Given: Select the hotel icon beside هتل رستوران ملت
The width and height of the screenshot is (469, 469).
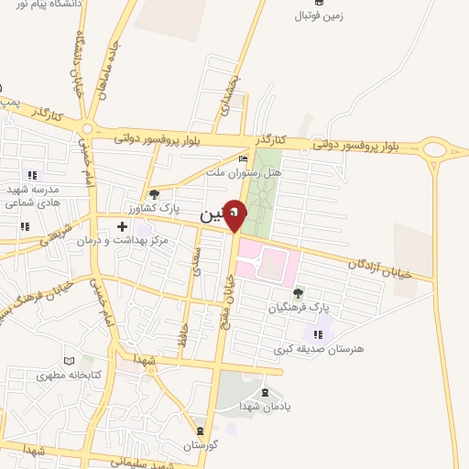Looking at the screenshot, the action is click(x=243, y=158).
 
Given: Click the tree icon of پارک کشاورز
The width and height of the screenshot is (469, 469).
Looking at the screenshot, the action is click(x=154, y=194).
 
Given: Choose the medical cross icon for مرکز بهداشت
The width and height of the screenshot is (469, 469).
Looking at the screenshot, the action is click(x=122, y=225).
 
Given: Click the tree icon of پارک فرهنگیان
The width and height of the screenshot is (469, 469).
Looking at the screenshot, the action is click(x=298, y=293).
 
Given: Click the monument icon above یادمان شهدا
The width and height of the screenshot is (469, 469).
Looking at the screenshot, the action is click(x=265, y=392).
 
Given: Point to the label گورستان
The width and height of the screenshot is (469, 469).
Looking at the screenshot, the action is click(x=199, y=445).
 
